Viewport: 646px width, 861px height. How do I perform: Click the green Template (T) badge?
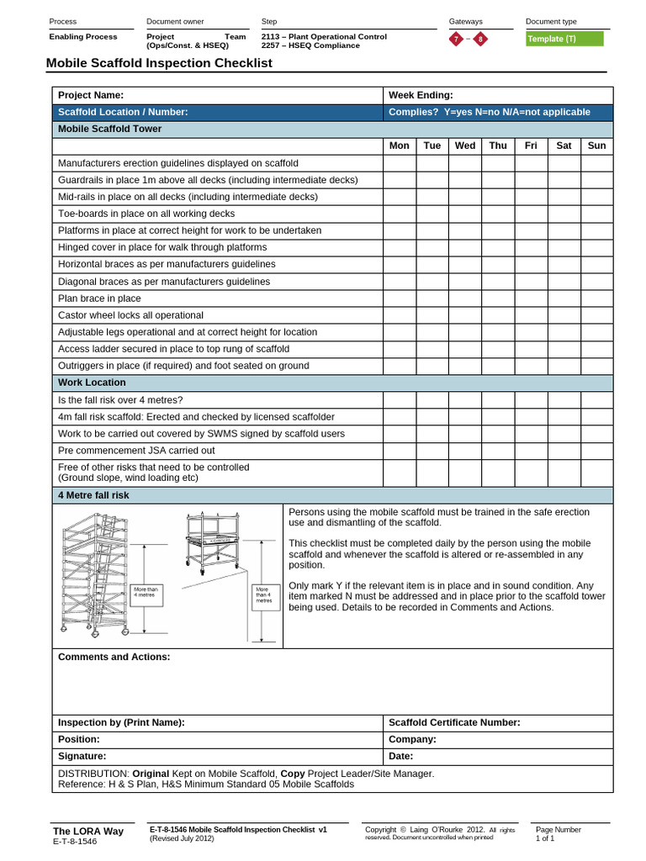(564, 39)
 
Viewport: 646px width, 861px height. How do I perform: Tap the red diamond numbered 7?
(456, 40)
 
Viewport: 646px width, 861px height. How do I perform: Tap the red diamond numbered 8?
(479, 40)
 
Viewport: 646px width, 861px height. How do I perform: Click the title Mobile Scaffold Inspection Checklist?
(159, 63)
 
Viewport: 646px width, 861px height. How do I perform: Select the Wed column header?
(464, 145)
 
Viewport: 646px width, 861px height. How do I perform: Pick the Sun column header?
(596, 145)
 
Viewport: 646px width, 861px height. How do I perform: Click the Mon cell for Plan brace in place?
(400, 298)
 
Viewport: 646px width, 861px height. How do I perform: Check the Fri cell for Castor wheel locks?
(531, 315)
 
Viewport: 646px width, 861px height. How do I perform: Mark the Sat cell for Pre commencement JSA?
(564, 451)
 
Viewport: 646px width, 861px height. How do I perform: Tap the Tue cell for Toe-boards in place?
(432, 214)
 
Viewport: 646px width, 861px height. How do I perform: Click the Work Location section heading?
(92, 383)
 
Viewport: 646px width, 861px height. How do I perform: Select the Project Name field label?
(91, 95)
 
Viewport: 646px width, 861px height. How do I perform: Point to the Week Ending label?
(421, 95)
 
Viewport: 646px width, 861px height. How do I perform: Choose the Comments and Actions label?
(114, 657)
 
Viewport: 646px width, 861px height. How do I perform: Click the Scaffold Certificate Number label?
(454, 722)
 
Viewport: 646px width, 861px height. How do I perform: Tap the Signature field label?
(82, 756)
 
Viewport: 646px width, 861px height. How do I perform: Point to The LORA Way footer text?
(88, 831)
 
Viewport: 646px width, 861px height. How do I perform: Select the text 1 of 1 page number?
(545, 838)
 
